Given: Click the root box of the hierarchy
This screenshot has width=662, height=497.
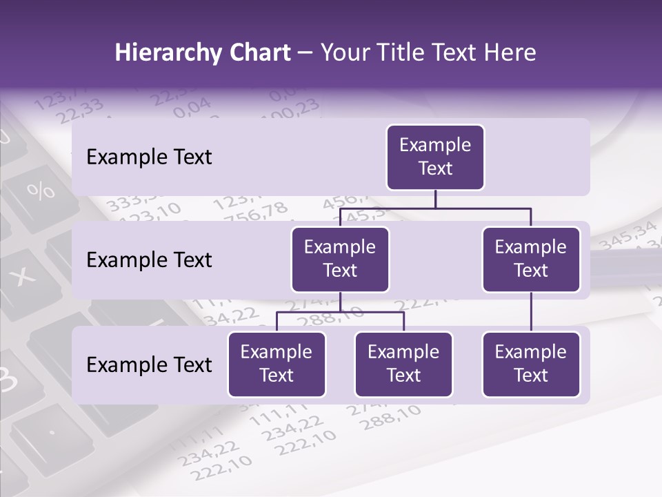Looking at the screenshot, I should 435,157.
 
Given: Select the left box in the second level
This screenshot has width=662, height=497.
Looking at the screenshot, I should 340,259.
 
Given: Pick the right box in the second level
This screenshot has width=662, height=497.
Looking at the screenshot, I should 531,259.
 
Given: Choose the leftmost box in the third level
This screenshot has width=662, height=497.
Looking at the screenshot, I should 277,364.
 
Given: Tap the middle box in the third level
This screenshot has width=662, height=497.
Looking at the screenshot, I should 403,364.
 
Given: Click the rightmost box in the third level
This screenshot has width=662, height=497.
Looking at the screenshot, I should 531,364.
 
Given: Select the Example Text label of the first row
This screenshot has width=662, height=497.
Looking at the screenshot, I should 149,157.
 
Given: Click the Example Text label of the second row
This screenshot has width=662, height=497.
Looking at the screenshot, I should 149,260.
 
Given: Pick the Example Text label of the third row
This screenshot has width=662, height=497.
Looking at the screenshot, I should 149,364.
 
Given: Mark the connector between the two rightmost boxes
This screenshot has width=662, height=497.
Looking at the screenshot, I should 531,312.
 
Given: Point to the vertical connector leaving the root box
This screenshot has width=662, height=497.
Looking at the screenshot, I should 435,199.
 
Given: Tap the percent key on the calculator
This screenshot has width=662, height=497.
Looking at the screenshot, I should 41,190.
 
